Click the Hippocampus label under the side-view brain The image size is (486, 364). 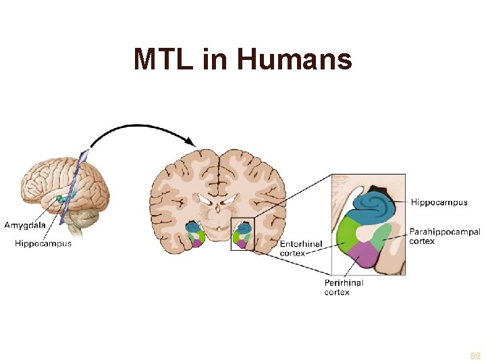pyautogui.click(x=43, y=243)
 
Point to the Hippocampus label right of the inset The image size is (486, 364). pyautogui.click(x=439, y=202)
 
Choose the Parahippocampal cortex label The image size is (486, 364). pyautogui.click(x=445, y=236)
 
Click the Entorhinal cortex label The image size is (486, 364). pyautogui.click(x=301, y=248)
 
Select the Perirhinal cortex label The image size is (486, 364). pyautogui.click(x=344, y=287)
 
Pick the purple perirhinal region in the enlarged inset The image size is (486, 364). pyautogui.click(x=364, y=257)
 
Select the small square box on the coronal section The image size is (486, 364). pyautogui.click(x=242, y=234)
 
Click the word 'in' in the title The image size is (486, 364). pyautogui.click(x=215, y=59)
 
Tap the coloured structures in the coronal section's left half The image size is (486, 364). pyautogui.click(x=195, y=234)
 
